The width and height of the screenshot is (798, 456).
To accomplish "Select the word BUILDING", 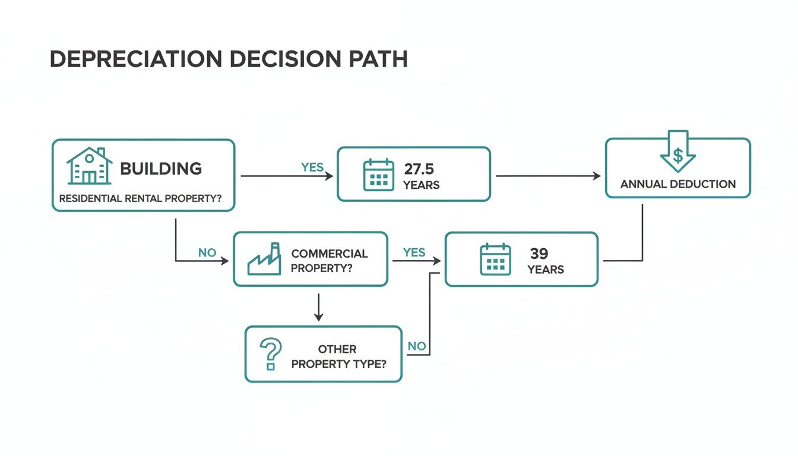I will pos(161,169).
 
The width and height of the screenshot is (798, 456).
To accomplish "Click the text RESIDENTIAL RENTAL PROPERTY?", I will pos(140,199).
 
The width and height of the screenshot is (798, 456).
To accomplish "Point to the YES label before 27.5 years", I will pos(312,167).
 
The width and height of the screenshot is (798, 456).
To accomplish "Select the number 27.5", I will pos(419,169).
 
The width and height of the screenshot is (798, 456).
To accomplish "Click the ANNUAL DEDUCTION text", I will pos(678,184).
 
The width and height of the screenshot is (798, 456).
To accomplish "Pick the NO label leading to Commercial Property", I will pos(207,252).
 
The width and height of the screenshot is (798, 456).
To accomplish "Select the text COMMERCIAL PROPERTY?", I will pos(330,261).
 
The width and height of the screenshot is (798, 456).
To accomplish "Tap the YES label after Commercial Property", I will pos(414,252).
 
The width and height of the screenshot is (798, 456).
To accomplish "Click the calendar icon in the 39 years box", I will pos(495,259).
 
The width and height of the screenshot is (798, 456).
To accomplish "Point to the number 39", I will pos(539,254).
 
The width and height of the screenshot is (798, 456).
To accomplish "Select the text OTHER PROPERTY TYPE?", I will pos(338,356).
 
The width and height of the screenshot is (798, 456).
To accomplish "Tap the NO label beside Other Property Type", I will pos(417,346).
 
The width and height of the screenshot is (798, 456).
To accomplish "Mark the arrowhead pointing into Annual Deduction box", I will pos(597,176).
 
